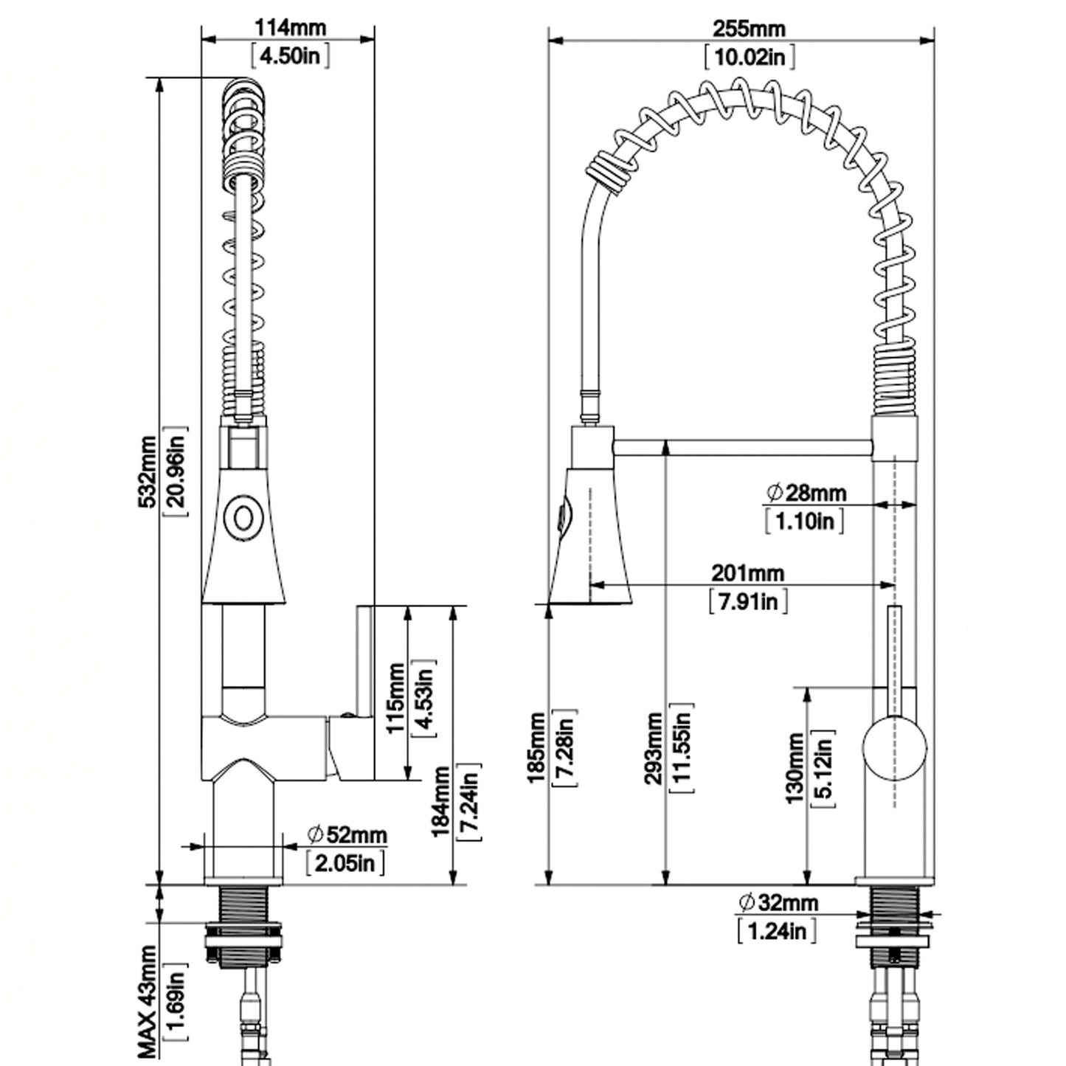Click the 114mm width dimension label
coord(290,27)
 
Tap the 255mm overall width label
coord(749,28)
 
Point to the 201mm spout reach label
coord(747,573)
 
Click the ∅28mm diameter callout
coord(806,492)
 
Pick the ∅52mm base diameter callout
coord(347,834)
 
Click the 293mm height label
coord(654,749)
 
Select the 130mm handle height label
coord(795,768)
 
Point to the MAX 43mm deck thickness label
coord(147,1000)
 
